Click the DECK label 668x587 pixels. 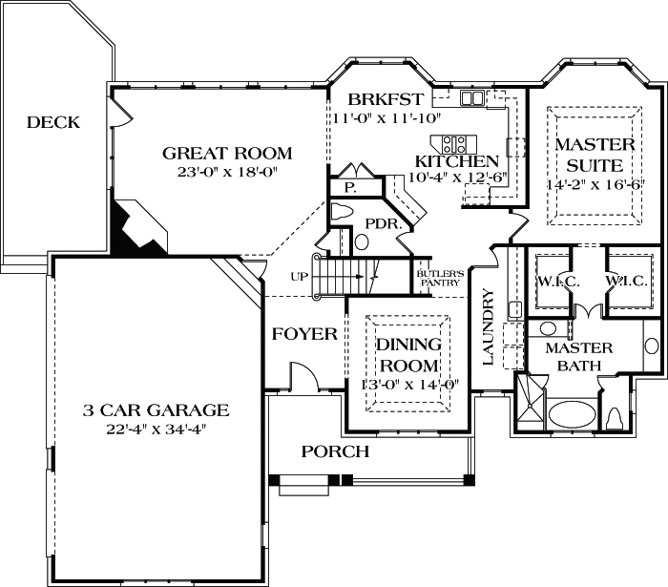[52, 122]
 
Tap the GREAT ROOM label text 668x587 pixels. [226, 153]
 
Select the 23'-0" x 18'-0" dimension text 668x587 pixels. [226, 174]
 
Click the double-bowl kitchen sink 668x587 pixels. [471, 97]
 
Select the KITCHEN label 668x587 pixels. [456, 161]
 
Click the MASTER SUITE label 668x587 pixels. [595, 154]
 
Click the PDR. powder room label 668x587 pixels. [381, 223]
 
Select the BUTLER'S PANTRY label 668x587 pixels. [440, 279]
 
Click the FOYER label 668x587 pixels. [304, 334]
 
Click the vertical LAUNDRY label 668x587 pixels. [487, 327]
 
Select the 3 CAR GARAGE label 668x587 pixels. [156, 410]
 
